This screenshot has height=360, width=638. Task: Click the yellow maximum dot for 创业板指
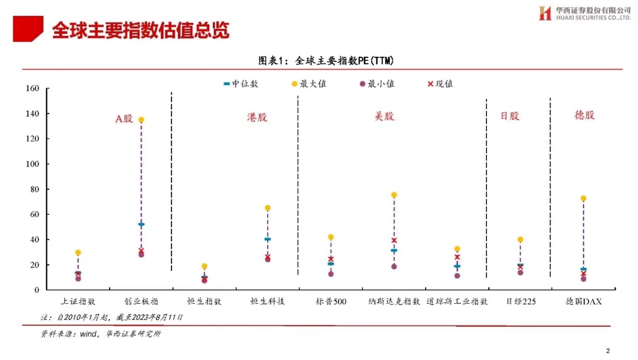click(x=141, y=120)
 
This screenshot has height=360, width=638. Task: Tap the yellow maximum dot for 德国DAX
click(x=583, y=199)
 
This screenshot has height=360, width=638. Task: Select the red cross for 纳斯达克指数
click(x=394, y=240)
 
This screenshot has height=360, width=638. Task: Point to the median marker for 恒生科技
click(x=268, y=239)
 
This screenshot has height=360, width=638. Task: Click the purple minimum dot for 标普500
click(x=331, y=274)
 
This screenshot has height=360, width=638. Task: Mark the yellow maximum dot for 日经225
click(x=520, y=239)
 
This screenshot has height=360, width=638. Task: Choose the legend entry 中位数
click(x=241, y=84)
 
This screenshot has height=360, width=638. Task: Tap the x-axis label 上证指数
click(x=78, y=302)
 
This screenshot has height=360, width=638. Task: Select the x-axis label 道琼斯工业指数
click(x=457, y=302)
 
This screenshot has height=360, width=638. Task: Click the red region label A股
click(x=124, y=119)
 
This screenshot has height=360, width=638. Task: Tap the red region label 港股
click(x=257, y=117)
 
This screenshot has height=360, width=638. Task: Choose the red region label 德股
click(x=584, y=115)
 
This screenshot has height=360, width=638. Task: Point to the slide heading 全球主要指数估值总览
click(x=141, y=30)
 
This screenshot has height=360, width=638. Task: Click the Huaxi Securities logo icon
click(x=545, y=14)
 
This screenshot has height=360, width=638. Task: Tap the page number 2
click(x=608, y=350)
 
